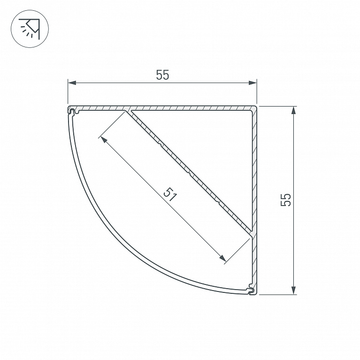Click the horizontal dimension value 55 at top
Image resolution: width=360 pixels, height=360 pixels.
162,75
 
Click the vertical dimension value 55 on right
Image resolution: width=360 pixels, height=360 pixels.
286,200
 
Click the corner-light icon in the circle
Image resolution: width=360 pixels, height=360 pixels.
30,29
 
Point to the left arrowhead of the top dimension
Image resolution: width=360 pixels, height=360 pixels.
72,83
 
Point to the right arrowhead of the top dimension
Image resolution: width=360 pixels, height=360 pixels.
253,83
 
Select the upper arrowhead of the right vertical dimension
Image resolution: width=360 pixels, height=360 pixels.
293,110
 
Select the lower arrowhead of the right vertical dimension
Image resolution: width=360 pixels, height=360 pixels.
293,290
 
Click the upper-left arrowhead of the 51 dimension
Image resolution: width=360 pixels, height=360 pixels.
104,139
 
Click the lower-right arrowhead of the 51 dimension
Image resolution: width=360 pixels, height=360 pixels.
222,258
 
